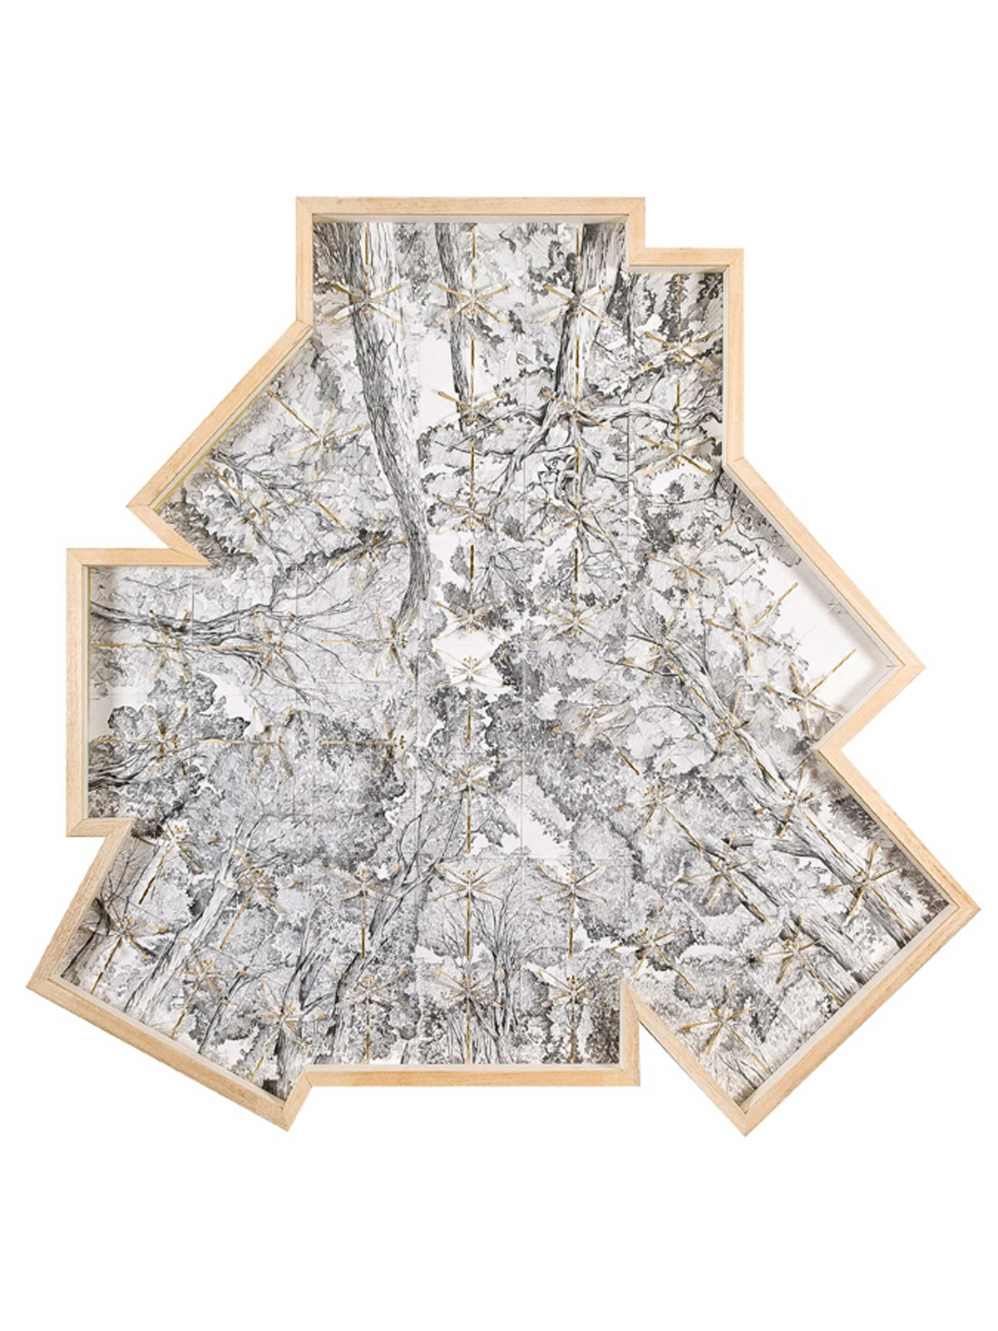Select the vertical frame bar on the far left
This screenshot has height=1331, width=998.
coord(76,690)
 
